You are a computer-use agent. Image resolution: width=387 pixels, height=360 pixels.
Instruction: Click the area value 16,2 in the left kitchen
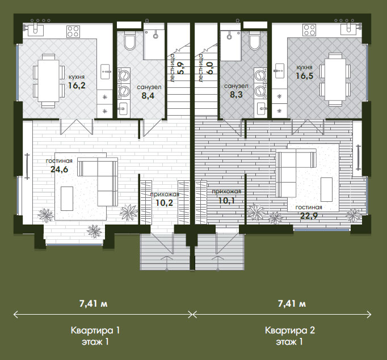coord(77,85)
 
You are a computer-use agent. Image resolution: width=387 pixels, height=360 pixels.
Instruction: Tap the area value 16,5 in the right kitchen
coord(305,76)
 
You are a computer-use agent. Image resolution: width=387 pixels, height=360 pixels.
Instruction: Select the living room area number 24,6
coord(59,170)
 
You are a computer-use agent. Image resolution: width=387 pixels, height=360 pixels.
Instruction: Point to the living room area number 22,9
coord(309,216)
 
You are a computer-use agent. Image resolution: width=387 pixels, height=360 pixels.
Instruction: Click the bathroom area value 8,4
coord(148,95)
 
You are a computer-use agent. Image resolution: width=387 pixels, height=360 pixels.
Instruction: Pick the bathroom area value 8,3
coord(236,95)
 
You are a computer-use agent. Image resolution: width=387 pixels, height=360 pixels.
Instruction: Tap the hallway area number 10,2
coord(165,203)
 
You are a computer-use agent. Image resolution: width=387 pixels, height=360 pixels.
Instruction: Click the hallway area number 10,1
coord(226,201)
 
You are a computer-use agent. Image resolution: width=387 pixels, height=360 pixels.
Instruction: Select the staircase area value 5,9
coord(180,68)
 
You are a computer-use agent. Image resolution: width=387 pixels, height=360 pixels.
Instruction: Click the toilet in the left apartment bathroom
coord(129,40)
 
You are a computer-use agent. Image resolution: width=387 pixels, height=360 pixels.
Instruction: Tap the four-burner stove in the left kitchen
coord(73,31)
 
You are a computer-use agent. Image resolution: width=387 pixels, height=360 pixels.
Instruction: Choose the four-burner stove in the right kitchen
coord(309,30)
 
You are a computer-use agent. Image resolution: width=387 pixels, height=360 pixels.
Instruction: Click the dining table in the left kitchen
coord(49,81)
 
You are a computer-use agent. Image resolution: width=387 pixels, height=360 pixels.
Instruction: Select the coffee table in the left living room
coord(67,198)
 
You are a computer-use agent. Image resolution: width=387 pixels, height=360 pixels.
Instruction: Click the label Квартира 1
coord(95,330)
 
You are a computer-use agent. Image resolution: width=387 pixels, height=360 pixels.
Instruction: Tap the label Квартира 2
coord(290,330)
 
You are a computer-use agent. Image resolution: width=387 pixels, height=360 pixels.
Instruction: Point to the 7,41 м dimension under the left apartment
coord(93,303)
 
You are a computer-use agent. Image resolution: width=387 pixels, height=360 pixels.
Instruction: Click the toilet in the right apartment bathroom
coord(255,40)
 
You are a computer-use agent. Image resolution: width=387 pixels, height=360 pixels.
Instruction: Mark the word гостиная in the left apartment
coord(59,161)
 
